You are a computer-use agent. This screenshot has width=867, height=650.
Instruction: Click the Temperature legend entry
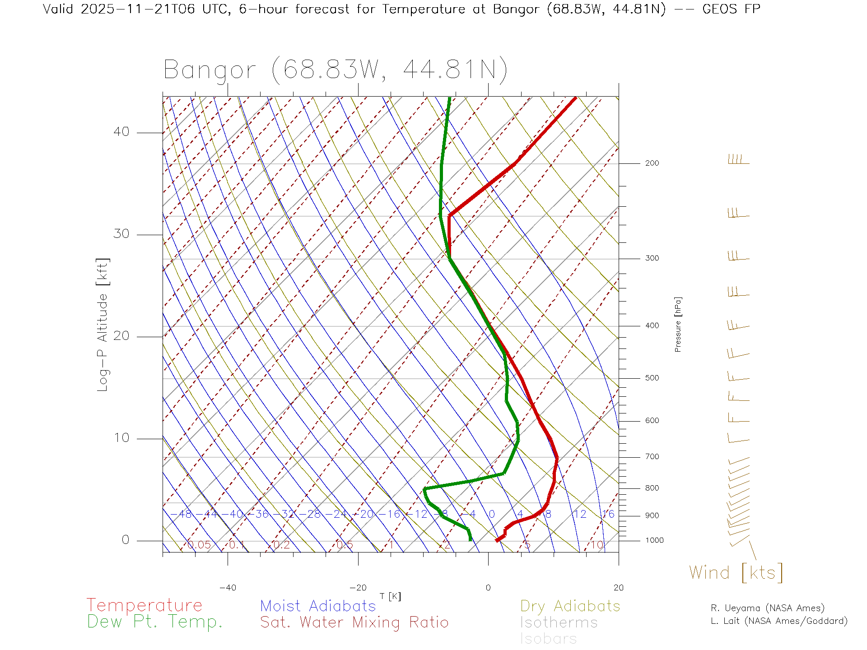coord(144,605)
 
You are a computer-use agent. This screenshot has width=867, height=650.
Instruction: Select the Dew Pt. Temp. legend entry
coord(155,622)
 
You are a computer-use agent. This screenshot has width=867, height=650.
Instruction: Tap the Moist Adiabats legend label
coord(318,606)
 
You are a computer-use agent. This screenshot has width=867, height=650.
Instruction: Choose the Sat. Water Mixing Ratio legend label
coord(354,622)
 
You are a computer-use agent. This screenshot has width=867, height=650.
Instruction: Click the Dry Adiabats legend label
coord(570,606)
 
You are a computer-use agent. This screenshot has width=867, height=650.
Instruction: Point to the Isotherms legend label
coord(559,622)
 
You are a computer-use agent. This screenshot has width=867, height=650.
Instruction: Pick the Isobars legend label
coord(548,639)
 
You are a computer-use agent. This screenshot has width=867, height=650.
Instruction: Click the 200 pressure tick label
coord(652,163)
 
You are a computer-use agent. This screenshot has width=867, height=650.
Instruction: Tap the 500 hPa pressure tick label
coord(652,378)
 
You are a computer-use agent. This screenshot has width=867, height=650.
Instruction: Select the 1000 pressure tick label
coord(654,540)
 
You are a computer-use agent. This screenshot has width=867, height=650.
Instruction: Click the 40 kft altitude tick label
coord(121,132)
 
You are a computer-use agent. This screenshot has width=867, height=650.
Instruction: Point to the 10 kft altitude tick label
coord(121,438)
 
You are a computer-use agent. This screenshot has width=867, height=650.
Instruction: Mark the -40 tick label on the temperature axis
coord(228,588)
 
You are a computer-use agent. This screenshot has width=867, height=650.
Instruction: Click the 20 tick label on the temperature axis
coord(618,588)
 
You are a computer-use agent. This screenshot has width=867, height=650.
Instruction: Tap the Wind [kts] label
coord(736,573)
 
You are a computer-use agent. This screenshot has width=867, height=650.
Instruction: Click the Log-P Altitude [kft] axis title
coord(103,325)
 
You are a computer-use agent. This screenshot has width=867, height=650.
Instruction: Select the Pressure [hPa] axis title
coord(678,325)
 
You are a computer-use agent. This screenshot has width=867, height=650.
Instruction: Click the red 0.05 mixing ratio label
coord(199,545)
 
